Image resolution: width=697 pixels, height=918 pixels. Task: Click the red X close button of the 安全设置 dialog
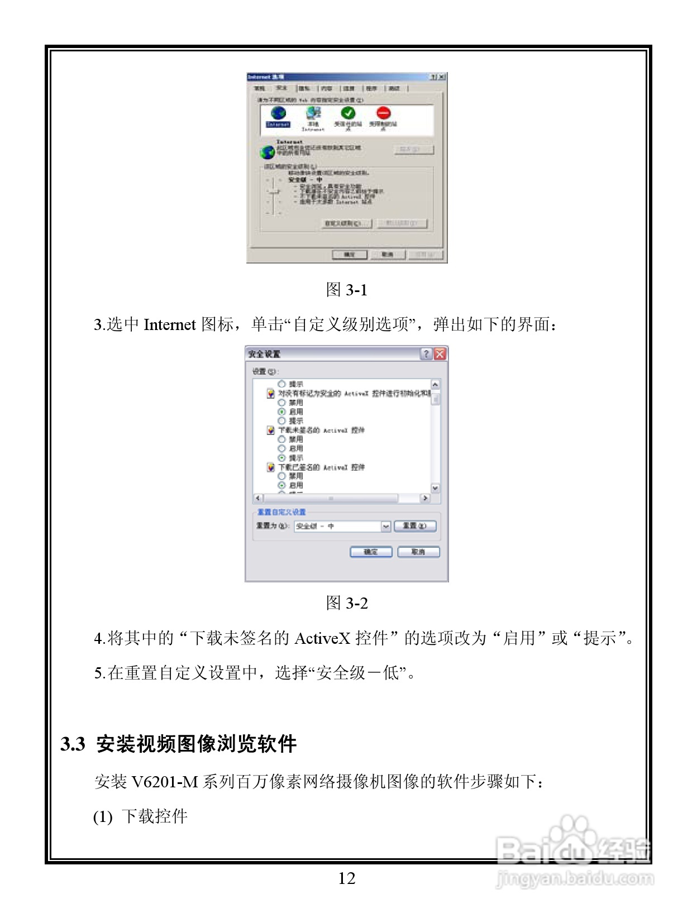click(x=440, y=353)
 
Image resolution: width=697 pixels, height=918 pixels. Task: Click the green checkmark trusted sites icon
click(x=348, y=113)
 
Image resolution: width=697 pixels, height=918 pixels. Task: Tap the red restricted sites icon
click(x=383, y=113)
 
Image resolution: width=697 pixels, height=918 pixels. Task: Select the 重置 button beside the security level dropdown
click(x=414, y=526)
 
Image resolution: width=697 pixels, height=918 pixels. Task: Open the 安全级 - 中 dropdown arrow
click(x=385, y=527)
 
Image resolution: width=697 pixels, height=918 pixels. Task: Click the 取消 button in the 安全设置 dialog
click(x=418, y=552)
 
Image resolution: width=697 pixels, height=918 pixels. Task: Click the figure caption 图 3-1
click(x=346, y=290)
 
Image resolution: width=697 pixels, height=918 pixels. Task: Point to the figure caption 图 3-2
click(x=346, y=603)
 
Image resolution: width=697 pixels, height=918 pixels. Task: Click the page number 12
click(x=346, y=878)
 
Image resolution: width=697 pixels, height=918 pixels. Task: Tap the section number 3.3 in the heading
click(x=73, y=744)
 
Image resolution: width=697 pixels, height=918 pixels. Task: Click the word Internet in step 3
click(x=169, y=325)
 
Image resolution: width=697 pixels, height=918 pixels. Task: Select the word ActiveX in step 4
click(x=322, y=638)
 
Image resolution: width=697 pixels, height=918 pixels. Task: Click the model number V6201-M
click(x=164, y=782)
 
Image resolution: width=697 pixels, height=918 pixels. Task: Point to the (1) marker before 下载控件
click(x=103, y=817)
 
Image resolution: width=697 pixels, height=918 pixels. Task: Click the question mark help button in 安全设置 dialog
click(x=426, y=353)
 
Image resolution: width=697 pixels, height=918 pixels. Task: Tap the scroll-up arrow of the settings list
click(x=435, y=385)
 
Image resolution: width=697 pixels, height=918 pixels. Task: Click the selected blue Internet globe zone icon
click(x=278, y=114)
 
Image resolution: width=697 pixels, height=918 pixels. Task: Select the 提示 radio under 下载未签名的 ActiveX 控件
click(x=281, y=458)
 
